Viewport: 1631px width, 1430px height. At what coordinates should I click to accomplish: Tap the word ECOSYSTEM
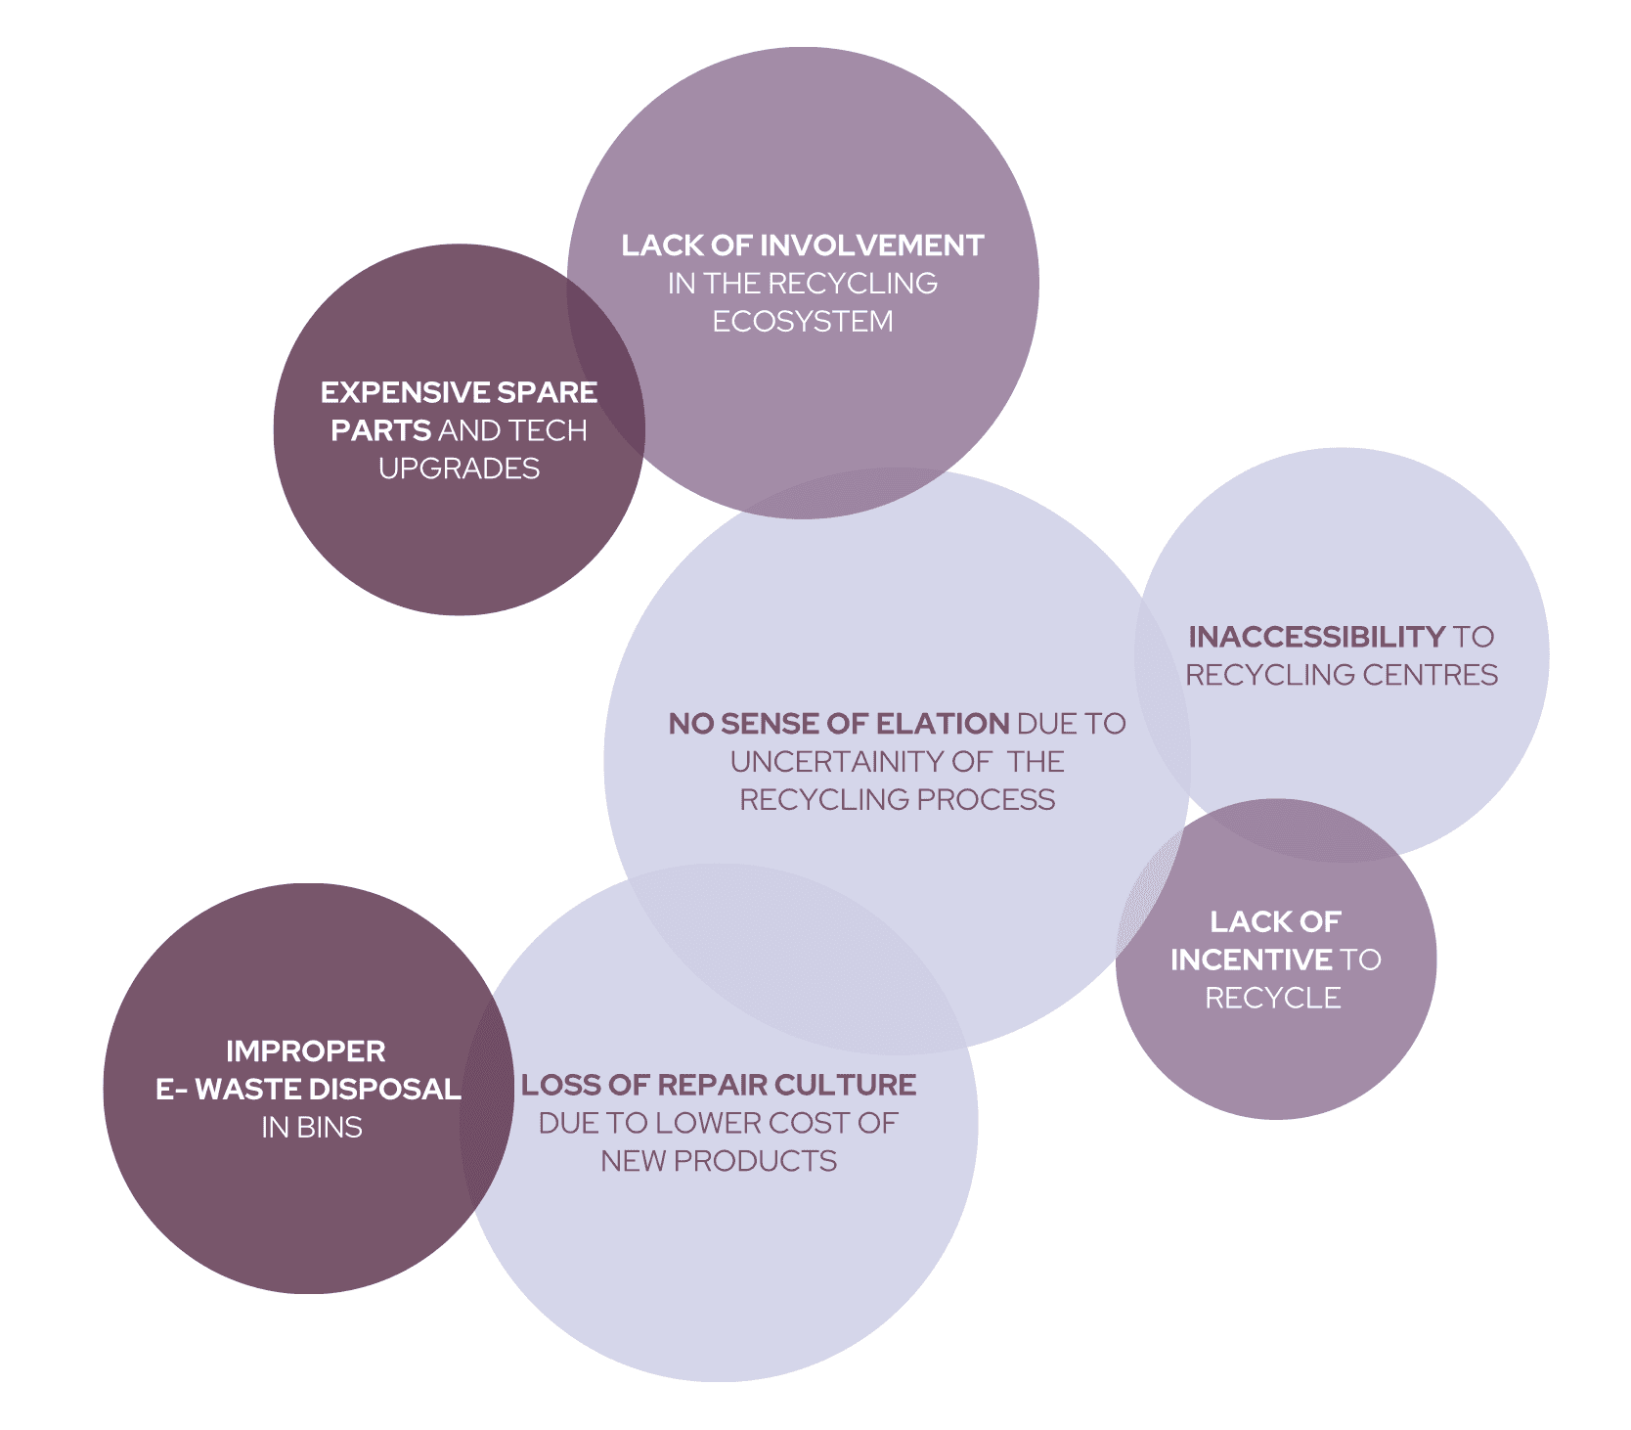click(x=802, y=322)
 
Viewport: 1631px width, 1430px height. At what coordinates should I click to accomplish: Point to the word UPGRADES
click(x=459, y=469)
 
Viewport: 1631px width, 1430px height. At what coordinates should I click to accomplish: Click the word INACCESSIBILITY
click(x=1316, y=638)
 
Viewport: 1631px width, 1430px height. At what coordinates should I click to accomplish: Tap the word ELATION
click(x=942, y=724)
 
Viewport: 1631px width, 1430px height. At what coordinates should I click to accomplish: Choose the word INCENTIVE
click(x=1251, y=961)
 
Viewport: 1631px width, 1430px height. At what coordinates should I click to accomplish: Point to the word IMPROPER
click(x=305, y=1051)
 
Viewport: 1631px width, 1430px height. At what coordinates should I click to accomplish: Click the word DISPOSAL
click(x=391, y=1090)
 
